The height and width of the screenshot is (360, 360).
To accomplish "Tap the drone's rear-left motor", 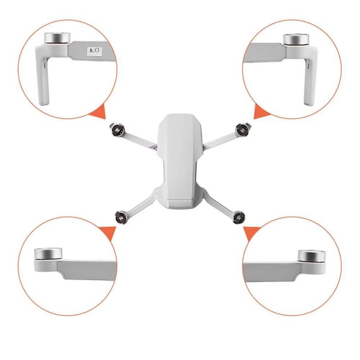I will tap(121, 216).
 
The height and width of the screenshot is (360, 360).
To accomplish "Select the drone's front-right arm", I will tap(220, 139).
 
